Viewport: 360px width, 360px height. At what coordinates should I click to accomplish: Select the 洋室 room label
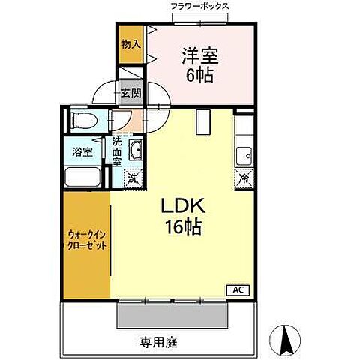pyautogui.click(x=196, y=54)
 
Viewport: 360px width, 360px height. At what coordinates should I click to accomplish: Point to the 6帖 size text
pyautogui.click(x=196, y=76)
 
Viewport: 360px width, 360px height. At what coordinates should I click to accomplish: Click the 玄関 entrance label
pyautogui.click(x=130, y=93)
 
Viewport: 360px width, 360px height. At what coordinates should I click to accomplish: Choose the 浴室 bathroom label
pyautogui.click(x=82, y=152)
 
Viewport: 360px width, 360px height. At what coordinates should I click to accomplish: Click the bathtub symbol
pyautogui.click(x=85, y=177)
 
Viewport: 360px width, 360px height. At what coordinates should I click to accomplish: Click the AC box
pyautogui.click(x=235, y=289)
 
